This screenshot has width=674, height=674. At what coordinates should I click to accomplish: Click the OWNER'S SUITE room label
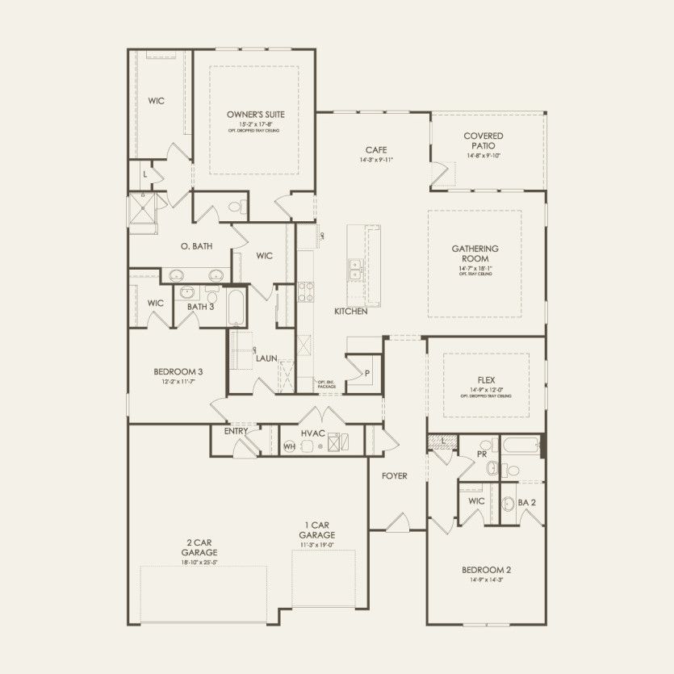click(255, 115)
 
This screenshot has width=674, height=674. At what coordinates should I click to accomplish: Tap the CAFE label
click(375, 150)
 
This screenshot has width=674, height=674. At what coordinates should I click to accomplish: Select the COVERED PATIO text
click(484, 140)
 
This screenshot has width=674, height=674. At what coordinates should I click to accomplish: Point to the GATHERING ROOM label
click(475, 253)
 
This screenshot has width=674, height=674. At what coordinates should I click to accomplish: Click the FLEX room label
click(486, 379)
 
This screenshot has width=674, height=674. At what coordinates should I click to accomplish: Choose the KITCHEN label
click(351, 311)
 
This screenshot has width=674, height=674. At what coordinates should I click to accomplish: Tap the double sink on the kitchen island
click(354, 270)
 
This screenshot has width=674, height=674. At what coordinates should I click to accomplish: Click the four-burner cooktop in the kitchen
click(305, 291)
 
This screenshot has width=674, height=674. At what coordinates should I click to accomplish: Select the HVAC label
click(312, 433)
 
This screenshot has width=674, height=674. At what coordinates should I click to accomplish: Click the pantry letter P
click(366, 374)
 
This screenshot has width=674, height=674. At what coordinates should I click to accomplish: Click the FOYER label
click(395, 476)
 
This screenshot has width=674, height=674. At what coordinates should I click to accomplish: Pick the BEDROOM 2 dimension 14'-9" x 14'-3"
click(486, 580)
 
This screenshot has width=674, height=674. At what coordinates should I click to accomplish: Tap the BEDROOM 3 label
click(178, 372)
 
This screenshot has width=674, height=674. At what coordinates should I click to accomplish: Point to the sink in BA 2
click(509, 504)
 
